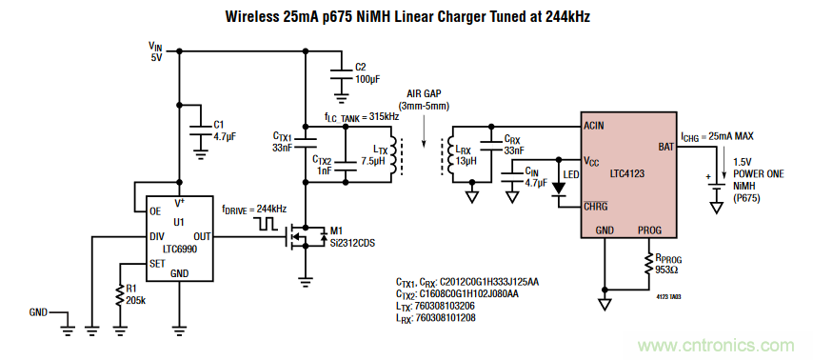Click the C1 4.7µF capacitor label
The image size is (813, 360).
tap(225, 130)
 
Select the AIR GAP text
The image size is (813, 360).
tap(427, 94)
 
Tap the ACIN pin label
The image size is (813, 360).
tap(596, 126)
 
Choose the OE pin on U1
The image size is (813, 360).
tap(155, 211)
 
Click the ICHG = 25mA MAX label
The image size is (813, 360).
tap(725, 135)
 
